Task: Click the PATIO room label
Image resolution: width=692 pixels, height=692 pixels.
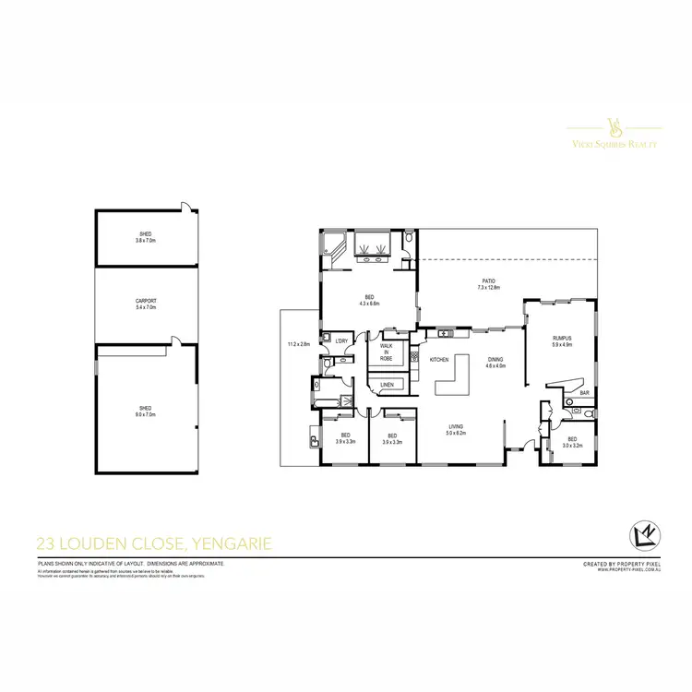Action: (488, 281)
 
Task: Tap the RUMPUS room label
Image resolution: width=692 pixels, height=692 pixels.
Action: (562, 339)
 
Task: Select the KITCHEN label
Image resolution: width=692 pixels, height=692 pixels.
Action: (439, 359)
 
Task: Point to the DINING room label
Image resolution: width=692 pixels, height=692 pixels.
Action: (495, 359)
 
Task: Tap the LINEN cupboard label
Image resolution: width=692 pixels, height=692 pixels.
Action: (387, 384)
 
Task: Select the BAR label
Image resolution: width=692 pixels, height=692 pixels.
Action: (584, 394)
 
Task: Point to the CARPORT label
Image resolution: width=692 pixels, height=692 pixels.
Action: (146, 301)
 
